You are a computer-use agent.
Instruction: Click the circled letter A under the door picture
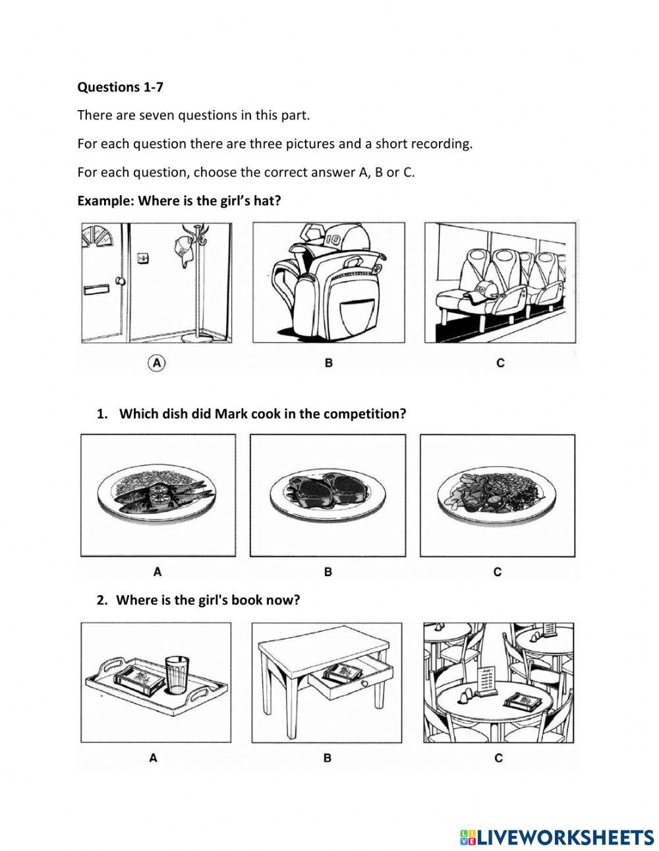[157, 362]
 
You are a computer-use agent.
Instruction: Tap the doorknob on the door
[120, 281]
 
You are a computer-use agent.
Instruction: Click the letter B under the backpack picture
[328, 363]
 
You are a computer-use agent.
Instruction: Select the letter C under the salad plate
[498, 572]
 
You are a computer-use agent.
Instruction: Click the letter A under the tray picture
[153, 758]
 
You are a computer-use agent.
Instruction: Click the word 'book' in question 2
[246, 601]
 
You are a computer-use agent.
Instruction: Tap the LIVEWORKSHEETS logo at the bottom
[556, 837]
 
